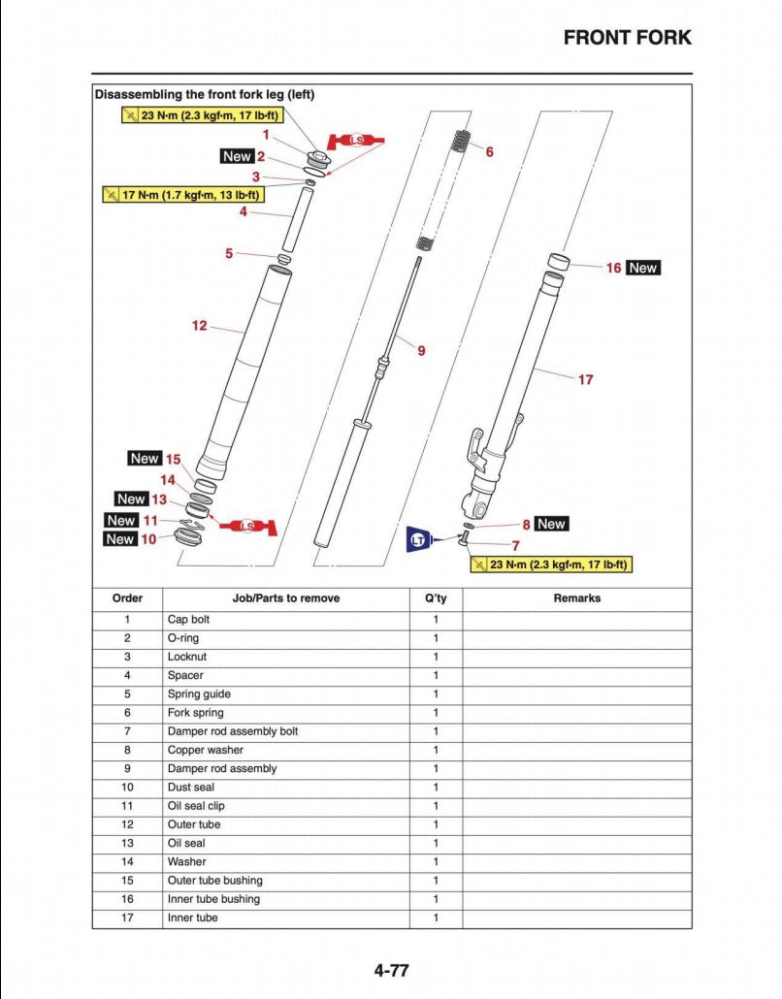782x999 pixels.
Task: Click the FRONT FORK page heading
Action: tap(628, 38)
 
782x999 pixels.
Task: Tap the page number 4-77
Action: tap(391, 969)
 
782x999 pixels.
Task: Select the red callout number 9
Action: tap(421, 350)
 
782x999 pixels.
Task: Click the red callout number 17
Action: tap(585, 379)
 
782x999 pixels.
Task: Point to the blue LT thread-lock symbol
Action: tap(418, 539)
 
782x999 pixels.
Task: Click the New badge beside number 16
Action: tap(642, 268)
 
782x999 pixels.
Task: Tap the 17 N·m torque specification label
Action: tap(190, 194)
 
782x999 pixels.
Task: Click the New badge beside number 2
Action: tap(237, 156)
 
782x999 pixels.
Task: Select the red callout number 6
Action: tap(489, 152)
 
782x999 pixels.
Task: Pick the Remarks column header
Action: tap(576, 598)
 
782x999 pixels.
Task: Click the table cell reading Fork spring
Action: tap(195, 713)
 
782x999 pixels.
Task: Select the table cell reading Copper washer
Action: tap(205, 750)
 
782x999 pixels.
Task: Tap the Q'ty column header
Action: tap(436, 598)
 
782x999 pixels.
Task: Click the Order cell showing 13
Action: tap(127, 844)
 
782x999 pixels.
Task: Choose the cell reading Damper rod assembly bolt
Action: tap(232, 731)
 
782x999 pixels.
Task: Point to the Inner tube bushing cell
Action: tap(213, 899)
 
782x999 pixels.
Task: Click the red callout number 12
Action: tap(200, 326)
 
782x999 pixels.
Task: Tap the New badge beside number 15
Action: tap(144, 458)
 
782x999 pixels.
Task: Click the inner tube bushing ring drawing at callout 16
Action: tap(558, 262)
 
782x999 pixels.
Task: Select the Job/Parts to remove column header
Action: tap(286, 598)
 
